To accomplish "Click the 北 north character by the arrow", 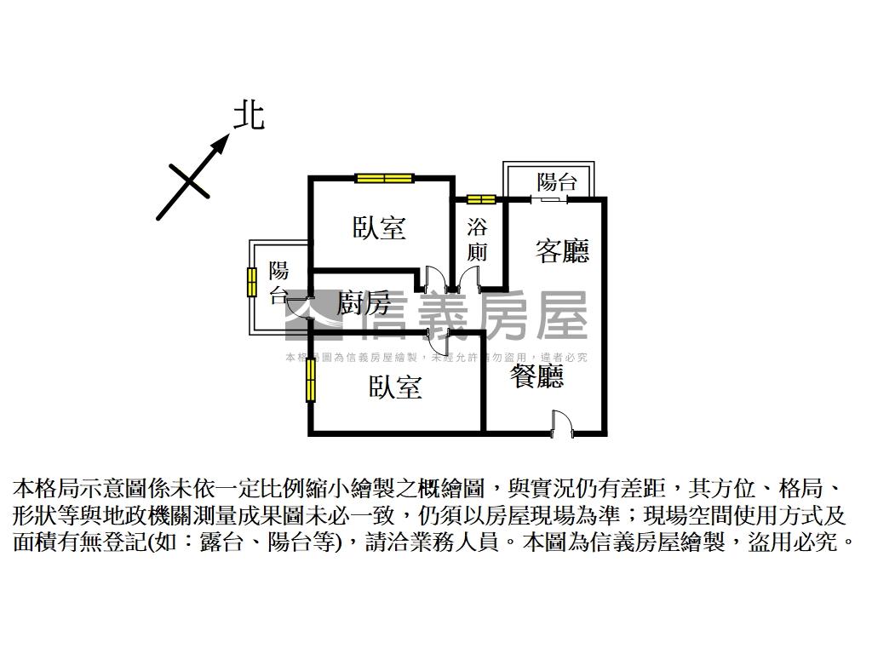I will [x=249, y=116].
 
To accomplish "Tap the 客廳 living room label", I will [x=562, y=250].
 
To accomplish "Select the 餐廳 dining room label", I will [x=536, y=375].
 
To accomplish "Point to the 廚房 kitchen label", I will [x=364, y=302].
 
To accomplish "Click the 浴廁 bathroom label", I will [x=478, y=240].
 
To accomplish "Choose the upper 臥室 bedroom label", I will [x=379, y=228].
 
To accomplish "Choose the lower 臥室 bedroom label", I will [x=395, y=387].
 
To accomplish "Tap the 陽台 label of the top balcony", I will [x=557, y=181].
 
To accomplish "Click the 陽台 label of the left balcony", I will [x=279, y=284].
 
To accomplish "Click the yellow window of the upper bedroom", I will [x=384, y=178].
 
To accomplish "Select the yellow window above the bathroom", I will [x=480, y=200].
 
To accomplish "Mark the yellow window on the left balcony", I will [x=252, y=282].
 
